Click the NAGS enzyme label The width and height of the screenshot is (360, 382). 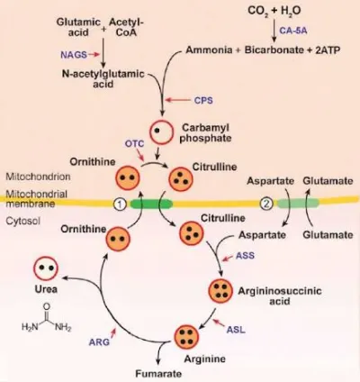click(x=74, y=55)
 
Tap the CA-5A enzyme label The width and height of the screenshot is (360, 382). click(x=293, y=31)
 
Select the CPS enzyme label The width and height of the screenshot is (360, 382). click(x=203, y=100)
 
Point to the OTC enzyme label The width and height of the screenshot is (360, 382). click(x=134, y=143)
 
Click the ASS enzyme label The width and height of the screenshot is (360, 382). click(x=245, y=255)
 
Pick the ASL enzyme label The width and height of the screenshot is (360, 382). click(x=236, y=330)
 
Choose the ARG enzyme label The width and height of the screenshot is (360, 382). click(x=99, y=341)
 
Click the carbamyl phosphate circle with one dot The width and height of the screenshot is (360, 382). click(x=162, y=132)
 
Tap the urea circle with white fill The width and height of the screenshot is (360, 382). click(x=46, y=268)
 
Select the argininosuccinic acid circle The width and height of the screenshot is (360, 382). click(x=220, y=291)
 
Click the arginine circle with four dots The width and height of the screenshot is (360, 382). click(x=187, y=337)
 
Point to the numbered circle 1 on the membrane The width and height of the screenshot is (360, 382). click(x=120, y=205)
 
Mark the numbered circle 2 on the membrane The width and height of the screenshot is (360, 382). click(x=266, y=204)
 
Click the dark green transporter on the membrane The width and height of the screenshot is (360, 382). click(x=151, y=205)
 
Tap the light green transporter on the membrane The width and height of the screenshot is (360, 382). click(x=298, y=204)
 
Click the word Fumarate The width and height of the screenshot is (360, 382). click(x=158, y=374)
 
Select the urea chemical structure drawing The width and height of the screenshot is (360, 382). click(x=47, y=318)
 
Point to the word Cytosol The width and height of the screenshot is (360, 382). click(x=22, y=222)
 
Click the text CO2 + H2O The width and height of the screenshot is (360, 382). click(x=274, y=11)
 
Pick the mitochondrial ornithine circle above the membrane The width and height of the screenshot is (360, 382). click(x=128, y=178)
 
